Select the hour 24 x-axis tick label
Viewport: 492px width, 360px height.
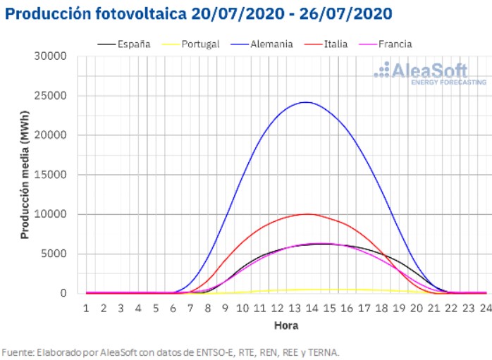click(485, 309)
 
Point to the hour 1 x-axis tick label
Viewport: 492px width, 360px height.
click(86, 309)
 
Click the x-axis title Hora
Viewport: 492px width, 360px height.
click(285, 325)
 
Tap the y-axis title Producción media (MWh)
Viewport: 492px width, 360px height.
click(25, 175)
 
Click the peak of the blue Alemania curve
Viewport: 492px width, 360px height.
click(306, 102)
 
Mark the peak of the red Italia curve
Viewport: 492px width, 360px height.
click(307, 213)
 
